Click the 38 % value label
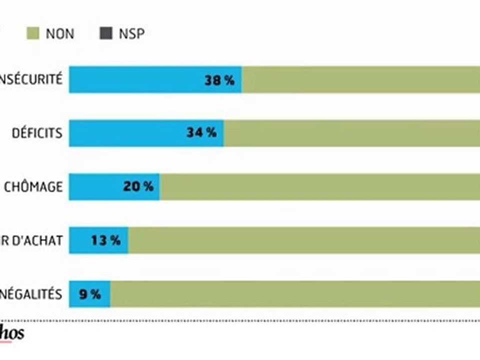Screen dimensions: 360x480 (x=219, y=80)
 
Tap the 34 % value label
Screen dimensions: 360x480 (x=201, y=133)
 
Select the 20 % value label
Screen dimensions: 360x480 (x=138, y=187)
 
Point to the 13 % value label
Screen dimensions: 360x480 (x=105, y=240)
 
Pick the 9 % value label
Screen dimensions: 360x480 (x=90, y=294)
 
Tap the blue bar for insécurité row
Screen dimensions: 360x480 (x=135, y=80)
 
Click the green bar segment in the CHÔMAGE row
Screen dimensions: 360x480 (x=320, y=187)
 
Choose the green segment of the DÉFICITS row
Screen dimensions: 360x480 (x=350, y=133)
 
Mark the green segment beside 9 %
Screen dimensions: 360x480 (x=295, y=294)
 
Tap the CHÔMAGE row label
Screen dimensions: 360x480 (x=33, y=187)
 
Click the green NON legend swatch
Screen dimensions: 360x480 (x=32, y=34)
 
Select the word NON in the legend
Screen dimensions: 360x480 (x=59, y=34)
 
